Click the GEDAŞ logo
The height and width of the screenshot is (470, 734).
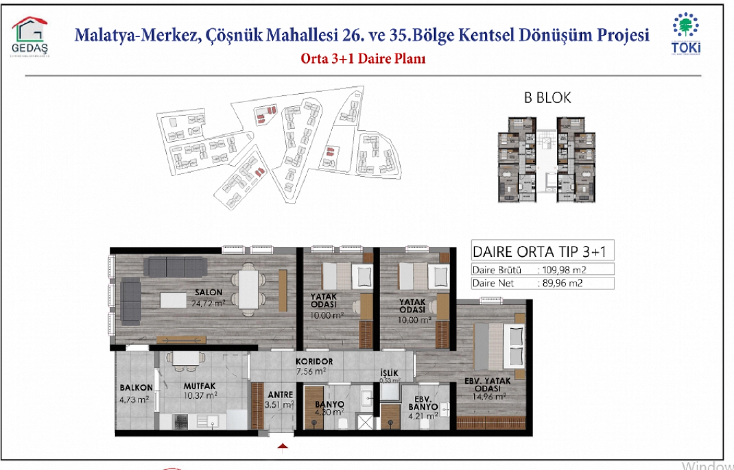pyautogui.click(x=30, y=37)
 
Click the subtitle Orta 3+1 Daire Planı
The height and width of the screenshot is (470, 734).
pyautogui.click(x=363, y=58)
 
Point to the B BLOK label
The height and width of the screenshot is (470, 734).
pyautogui.click(x=547, y=98)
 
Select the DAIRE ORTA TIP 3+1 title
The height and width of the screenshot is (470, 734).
pyautogui.click(x=539, y=252)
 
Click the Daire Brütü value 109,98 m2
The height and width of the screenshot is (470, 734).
pyautogui.click(x=564, y=270)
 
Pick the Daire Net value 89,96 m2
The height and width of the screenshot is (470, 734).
pyautogui.click(x=562, y=283)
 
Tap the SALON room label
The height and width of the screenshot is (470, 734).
pyautogui.click(x=209, y=293)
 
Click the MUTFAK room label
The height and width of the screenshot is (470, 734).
pyautogui.click(x=199, y=386)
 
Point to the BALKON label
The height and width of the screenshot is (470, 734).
pyautogui.click(x=136, y=388)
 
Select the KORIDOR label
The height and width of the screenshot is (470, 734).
pyautogui.click(x=314, y=361)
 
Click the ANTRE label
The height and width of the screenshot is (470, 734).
pyautogui.click(x=280, y=395)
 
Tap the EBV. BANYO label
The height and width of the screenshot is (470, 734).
pyautogui.click(x=423, y=403)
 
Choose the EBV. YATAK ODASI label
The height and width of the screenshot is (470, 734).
pyautogui.click(x=487, y=385)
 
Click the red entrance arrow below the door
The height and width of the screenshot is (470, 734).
pyautogui.click(x=283, y=447)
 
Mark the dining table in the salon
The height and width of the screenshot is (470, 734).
pyautogui.click(x=248, y=289)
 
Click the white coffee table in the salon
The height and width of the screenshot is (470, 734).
pyautogui.click(x=173, y=300)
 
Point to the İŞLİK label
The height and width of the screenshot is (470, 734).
pyautogui.click(x=389, y=373)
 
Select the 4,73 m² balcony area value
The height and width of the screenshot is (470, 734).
pyautogui.click(x=134, y=399)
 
